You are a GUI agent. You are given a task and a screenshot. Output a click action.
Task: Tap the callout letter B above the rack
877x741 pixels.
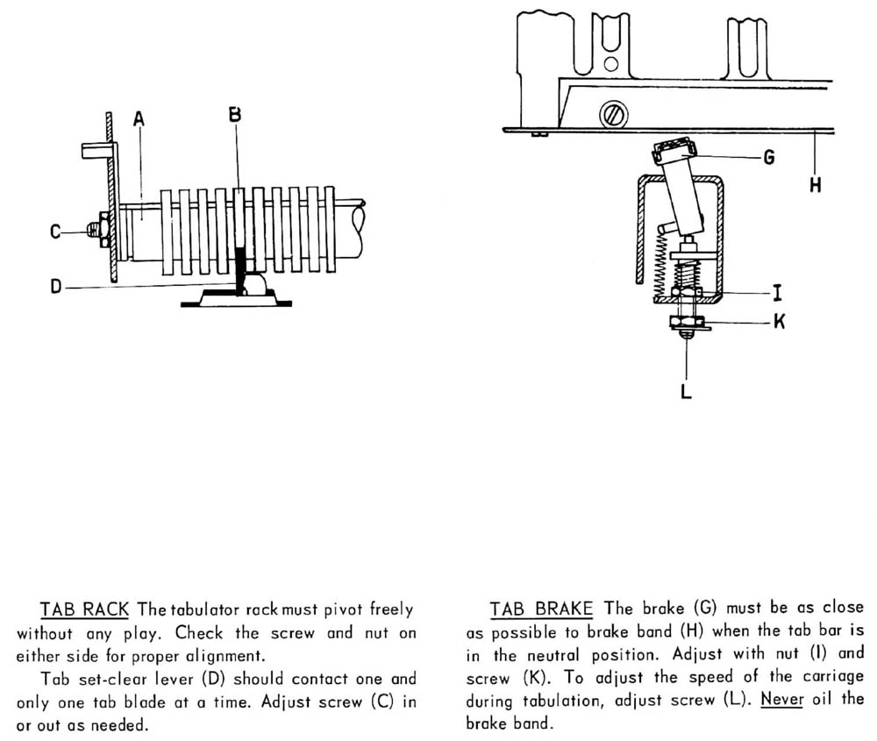coord(235,114)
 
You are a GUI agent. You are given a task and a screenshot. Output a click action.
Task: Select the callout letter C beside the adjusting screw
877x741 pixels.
coord(54,232)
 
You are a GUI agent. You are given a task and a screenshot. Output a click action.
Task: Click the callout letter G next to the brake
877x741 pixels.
coord(768,158)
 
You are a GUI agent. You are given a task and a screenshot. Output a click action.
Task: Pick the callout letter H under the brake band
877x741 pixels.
coord(815,187)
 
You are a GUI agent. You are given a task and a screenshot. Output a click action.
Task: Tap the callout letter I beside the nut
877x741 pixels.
coord(778,296)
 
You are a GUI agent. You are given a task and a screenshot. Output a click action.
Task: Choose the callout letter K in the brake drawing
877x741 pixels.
coord(779,322)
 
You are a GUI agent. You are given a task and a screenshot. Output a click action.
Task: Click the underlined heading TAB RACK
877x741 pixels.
coord(84,609)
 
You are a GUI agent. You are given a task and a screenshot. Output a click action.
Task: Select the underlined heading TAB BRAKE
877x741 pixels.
coord(541,609)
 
